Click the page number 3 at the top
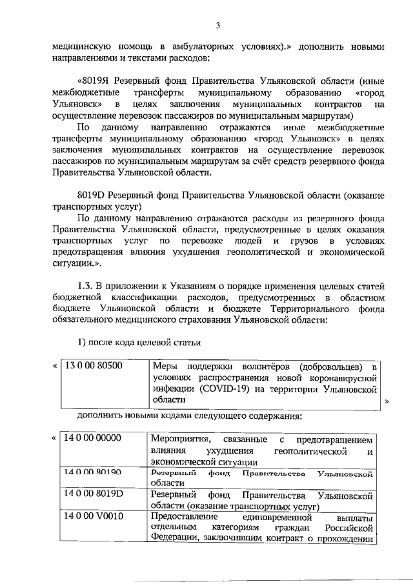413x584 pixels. (x=218, y=25)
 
